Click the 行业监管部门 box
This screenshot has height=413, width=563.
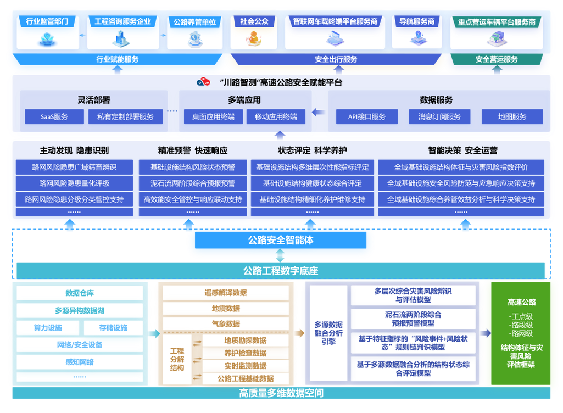click(48, 32)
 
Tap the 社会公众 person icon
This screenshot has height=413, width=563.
click(253, 38)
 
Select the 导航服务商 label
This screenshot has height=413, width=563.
click(416, 21)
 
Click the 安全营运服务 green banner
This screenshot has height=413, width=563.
click(497, 59)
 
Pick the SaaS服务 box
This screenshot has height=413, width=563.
click(54, 116)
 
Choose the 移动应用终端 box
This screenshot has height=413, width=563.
click(276, 116)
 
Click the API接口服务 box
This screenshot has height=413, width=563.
click(367, 116)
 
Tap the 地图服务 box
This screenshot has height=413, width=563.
click(512, 116)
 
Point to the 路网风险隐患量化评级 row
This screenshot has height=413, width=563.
click(74, 183)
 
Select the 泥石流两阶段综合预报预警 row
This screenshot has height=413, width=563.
click(193, 183)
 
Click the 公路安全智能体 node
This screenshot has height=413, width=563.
click(281, 241)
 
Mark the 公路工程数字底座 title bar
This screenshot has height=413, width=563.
click(281, 271)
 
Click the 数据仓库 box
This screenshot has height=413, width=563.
click(80, 293)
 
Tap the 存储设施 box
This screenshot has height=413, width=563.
click(113, 328)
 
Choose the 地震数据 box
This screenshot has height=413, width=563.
click(226, 309)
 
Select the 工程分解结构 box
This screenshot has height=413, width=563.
click(177, 359)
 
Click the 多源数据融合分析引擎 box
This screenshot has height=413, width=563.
click(328, 333)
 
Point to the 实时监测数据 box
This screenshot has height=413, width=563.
click(246, 366)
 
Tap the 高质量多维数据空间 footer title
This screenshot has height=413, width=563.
click(281, 393)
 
